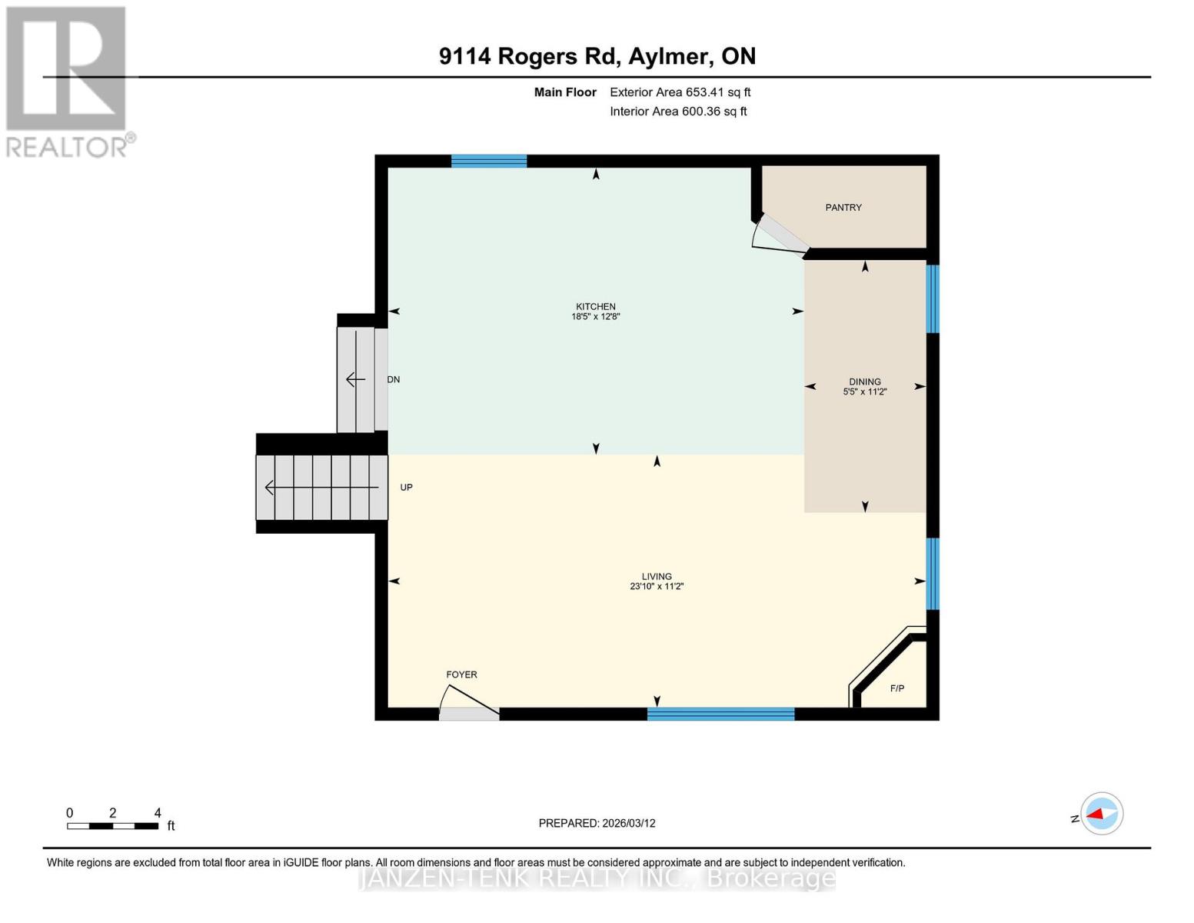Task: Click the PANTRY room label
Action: [843, 208]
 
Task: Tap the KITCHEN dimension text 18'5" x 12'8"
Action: [595, 317]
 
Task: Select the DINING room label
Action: [865, 382]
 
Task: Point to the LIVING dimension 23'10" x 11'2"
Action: [657, 587]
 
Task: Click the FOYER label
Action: [461, 675]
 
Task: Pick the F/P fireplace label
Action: [897, 688]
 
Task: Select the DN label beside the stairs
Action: [394, 380]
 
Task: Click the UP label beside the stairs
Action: [407, 488]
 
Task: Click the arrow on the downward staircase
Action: [355, 379]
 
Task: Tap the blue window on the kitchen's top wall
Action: [489, 161]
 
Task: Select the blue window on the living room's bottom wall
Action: [720, 714]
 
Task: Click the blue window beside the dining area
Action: [933, 298]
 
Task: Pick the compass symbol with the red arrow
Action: [1102, 814]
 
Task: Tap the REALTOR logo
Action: [68, 82]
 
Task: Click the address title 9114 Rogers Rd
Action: [597, 56]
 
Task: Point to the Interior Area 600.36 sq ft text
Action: [678, 112]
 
